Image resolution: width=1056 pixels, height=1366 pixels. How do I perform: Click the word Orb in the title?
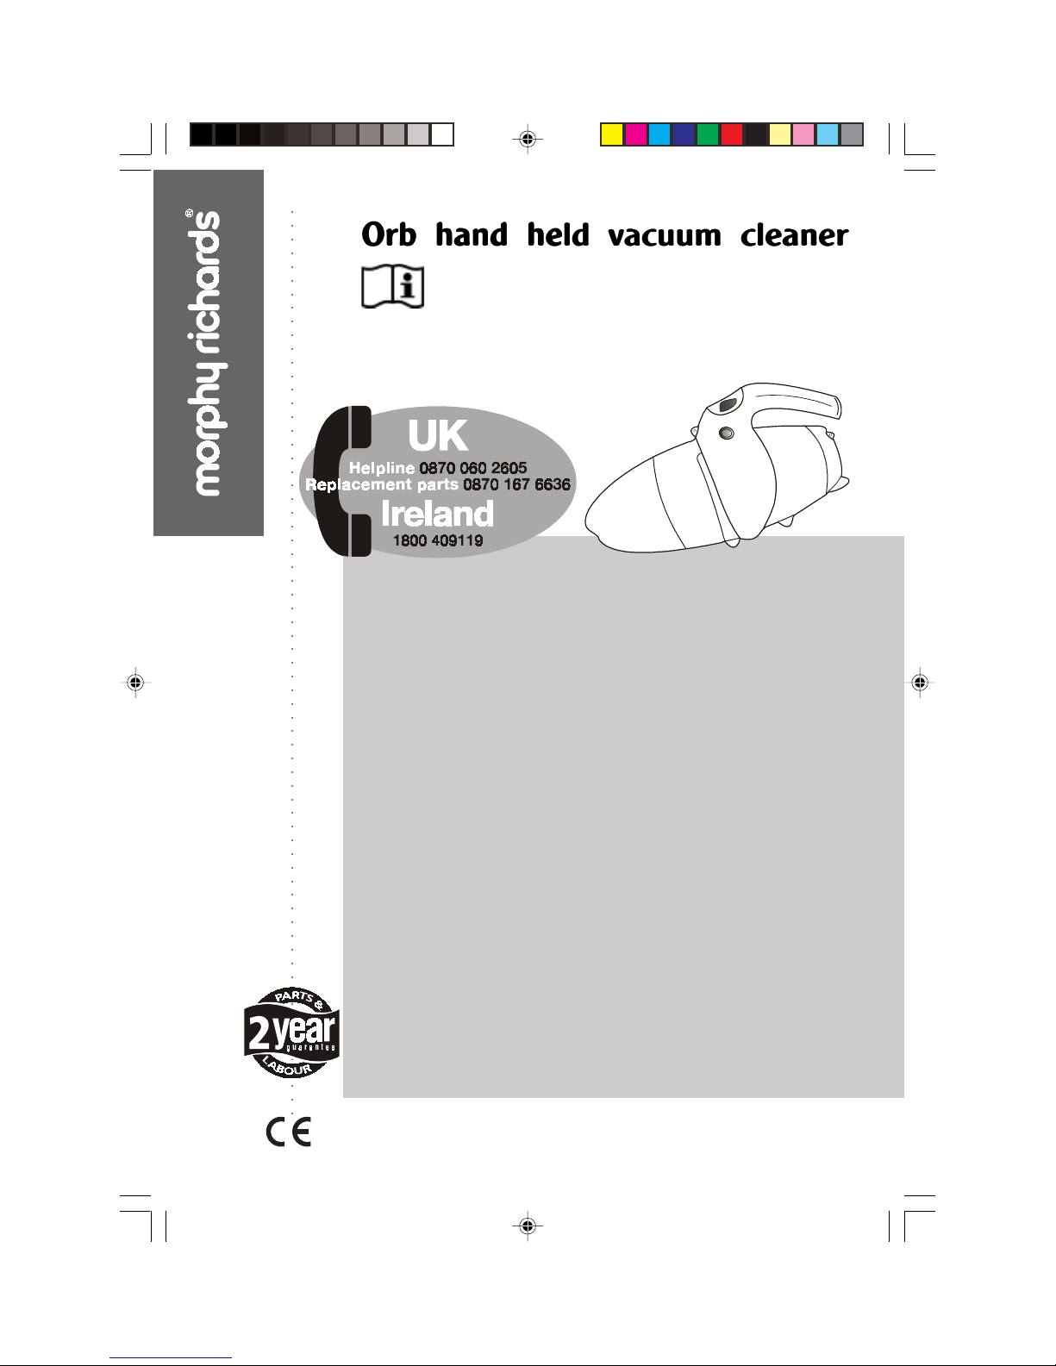coord(389,234)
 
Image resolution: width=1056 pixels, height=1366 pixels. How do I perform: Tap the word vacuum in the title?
coord(664,235)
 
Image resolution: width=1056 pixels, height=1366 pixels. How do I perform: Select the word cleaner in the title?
coord(794,234)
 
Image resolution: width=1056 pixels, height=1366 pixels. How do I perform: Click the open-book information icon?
coord(392,287)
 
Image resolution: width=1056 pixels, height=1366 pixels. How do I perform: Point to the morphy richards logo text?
coord(208,353)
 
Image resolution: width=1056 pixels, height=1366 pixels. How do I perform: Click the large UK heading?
coord(438,436)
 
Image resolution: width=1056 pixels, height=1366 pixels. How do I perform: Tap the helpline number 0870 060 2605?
coord(473,468)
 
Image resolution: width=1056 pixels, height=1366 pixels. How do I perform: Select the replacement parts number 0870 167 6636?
coord(516,484)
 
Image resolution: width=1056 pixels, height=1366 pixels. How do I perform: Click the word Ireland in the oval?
coord(437,515)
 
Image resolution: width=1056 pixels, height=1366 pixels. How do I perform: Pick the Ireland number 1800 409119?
coord(437,541)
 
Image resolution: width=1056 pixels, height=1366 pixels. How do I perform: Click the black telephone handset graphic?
coord(341,481)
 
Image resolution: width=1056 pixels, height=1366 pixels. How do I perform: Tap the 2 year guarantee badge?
coord(291,1032)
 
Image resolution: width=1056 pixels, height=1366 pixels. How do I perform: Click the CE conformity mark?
coord(289,1131)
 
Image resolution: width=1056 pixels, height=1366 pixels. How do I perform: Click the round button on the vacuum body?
coord(727,434)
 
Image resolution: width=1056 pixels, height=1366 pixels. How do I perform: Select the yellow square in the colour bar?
coord(612,134)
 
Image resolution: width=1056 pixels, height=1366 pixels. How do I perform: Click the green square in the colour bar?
coord(708,134)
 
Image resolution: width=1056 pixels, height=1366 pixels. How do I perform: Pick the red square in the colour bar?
coord(732,134)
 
